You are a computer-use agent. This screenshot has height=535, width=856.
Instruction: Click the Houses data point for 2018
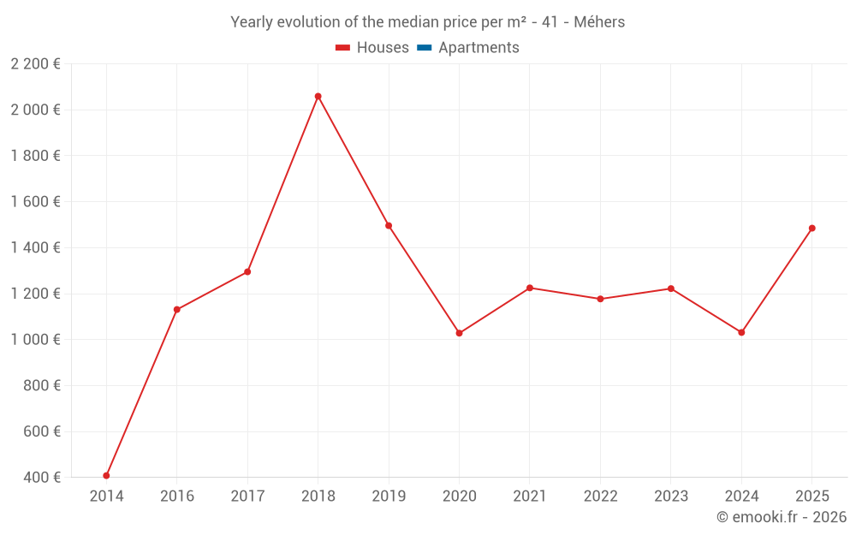(x=318, y=97)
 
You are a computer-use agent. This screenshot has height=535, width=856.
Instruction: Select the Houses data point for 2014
(x=106, y=476)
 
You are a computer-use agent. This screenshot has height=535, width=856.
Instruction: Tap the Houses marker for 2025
(x=811, y=229)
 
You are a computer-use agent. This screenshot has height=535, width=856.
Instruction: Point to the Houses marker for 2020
(x=459, y=333)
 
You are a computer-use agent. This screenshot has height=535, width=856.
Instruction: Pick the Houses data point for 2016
(x=177, y=310)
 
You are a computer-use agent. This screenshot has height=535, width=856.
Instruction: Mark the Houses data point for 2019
(x=389, y=226)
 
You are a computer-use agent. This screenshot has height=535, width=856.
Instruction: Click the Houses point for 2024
(x=741, y=332)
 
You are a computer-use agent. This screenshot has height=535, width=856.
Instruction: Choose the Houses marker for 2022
(x=600, y=299)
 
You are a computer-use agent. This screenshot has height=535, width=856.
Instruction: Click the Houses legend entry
(x=372, y=48)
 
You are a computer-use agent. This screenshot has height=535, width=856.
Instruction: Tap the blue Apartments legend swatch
(x=424, y=48)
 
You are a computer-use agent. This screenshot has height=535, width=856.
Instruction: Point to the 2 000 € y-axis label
(x=35, y=110)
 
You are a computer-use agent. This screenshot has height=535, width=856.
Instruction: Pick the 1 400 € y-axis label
(x=35, y=247)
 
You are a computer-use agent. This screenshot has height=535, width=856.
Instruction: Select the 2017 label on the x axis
(x=247, y=496)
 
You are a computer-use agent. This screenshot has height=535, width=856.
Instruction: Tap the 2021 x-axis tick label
(x=530, y=496)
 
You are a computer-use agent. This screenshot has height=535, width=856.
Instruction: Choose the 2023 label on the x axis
(x=670, y=496)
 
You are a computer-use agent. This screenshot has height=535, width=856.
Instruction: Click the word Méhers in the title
(x=599, y=22)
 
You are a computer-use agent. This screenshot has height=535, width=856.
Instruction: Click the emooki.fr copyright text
(x=782, y=517)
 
